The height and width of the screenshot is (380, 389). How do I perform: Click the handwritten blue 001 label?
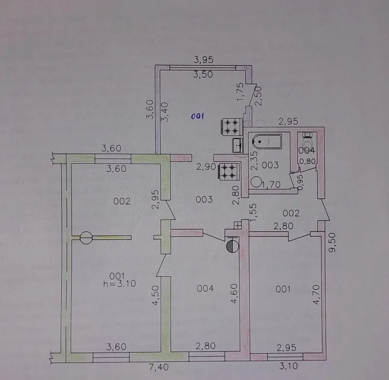pyautogui.click(x=197, y=116)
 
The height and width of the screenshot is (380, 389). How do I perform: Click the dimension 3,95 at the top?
pyautogui.click(x=203, y=60)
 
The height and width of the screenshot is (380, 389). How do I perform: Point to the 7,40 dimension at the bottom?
pyautogui.click(x=159, y=367)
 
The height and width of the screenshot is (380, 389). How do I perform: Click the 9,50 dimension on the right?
pyautogui.click(x=332, y=242)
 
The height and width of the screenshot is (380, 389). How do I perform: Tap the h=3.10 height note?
pyautogui.click(x=120, y=284)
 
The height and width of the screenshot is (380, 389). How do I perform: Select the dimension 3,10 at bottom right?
pyautogui.click(x=288, y=365)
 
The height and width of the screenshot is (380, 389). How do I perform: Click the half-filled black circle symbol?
pyautogui.click(x=232, y=246)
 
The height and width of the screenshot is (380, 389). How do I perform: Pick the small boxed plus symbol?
pyautogui.click(x=238, y=225)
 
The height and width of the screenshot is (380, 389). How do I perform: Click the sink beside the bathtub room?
pyautogui.click(x=238, y=145)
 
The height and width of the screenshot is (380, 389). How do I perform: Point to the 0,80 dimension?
pyautogui.click(x=307, y=162)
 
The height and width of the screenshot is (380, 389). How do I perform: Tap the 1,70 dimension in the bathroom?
pyautogui.click(x=271, y=184)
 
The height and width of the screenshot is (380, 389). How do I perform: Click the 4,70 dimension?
pyautogui.click(x=317, y=295)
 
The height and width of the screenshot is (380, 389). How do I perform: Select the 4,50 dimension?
pyautogui.click(x=155, y=295)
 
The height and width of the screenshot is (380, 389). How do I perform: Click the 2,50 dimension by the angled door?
pyautogui.click(x=258, y=96)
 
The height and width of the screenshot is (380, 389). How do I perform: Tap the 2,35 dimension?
pyautogui.click(x=255, y=161)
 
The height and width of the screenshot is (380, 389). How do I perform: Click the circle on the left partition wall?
pyautogui.click(x=86, y=238)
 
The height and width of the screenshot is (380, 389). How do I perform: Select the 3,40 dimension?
pyautogui.click(x=165, y=112)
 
